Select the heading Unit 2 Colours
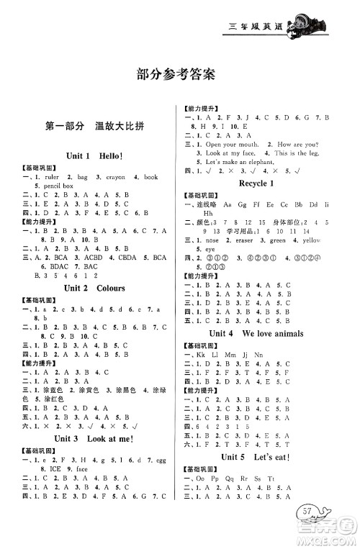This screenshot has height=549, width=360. [94, 288]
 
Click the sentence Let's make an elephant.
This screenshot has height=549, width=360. [238, 162]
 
